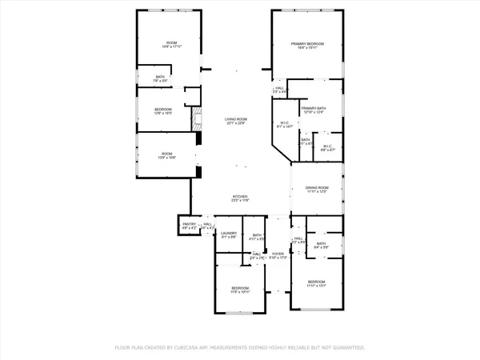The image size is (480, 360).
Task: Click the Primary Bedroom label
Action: tap(308, 46)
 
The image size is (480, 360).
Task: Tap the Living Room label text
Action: tap(236, 121)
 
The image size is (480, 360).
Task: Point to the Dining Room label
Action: tap(317, 190)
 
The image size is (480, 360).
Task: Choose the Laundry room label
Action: tap(229, 234)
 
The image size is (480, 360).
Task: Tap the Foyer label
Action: tap(277, 255)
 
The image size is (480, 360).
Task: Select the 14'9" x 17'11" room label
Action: tap(171, 45)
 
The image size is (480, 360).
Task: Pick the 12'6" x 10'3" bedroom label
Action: tap(163, 110)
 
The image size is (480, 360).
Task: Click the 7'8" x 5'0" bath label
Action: tap(160, 79)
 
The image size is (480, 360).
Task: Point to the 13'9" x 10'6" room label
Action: tap(166, 156)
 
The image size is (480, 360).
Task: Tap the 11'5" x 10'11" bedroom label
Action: tap(240, 290)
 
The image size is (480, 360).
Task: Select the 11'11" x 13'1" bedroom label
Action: tap(317, 284)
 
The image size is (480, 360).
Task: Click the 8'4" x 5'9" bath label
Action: tap(321, 246)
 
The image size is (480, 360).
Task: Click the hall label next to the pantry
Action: tap(207, 226)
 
